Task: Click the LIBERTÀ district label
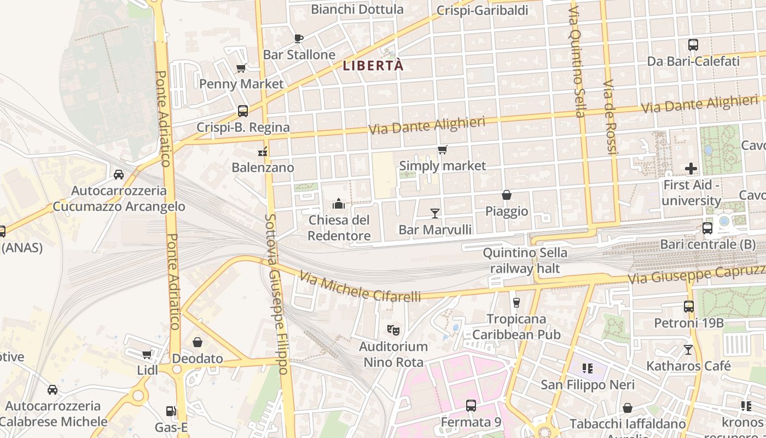point(373,66)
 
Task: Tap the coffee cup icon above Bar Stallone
point(298,38)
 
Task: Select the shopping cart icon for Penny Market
point(241,68)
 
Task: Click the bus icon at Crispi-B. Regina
point(243,111)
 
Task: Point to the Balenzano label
point(263,168)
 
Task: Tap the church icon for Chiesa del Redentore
point(339,204)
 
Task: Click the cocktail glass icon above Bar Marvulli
point(435,213)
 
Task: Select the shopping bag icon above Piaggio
point(507,195)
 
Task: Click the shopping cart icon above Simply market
point(442,149)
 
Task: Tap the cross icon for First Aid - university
point(691,169)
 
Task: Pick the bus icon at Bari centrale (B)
point(707,228)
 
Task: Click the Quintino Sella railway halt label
point(525,261)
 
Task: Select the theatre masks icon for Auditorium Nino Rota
point(393,330)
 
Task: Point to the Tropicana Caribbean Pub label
point(517,326)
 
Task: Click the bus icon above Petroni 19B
point(689,307)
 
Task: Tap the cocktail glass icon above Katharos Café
point(688,349)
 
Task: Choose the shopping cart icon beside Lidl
point(147,355)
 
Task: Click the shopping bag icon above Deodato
point(198,342)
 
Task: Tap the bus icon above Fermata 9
point(471,406)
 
